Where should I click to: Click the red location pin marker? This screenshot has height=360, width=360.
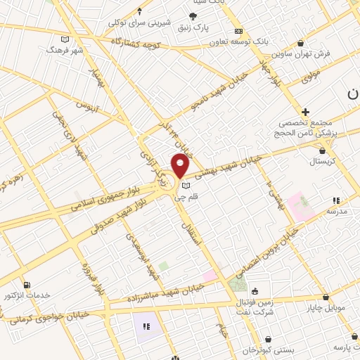click(x=181, y=166)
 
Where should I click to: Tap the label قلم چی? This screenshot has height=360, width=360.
click(x=186, y=198)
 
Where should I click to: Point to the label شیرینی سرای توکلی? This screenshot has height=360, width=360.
click(x=139, y=22)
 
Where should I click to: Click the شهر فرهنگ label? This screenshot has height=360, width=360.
click(x=65, y=51)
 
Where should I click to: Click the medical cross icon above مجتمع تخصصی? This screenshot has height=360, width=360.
click(x=305, y=112)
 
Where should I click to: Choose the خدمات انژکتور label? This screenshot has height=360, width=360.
click(x=27, y=294)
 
